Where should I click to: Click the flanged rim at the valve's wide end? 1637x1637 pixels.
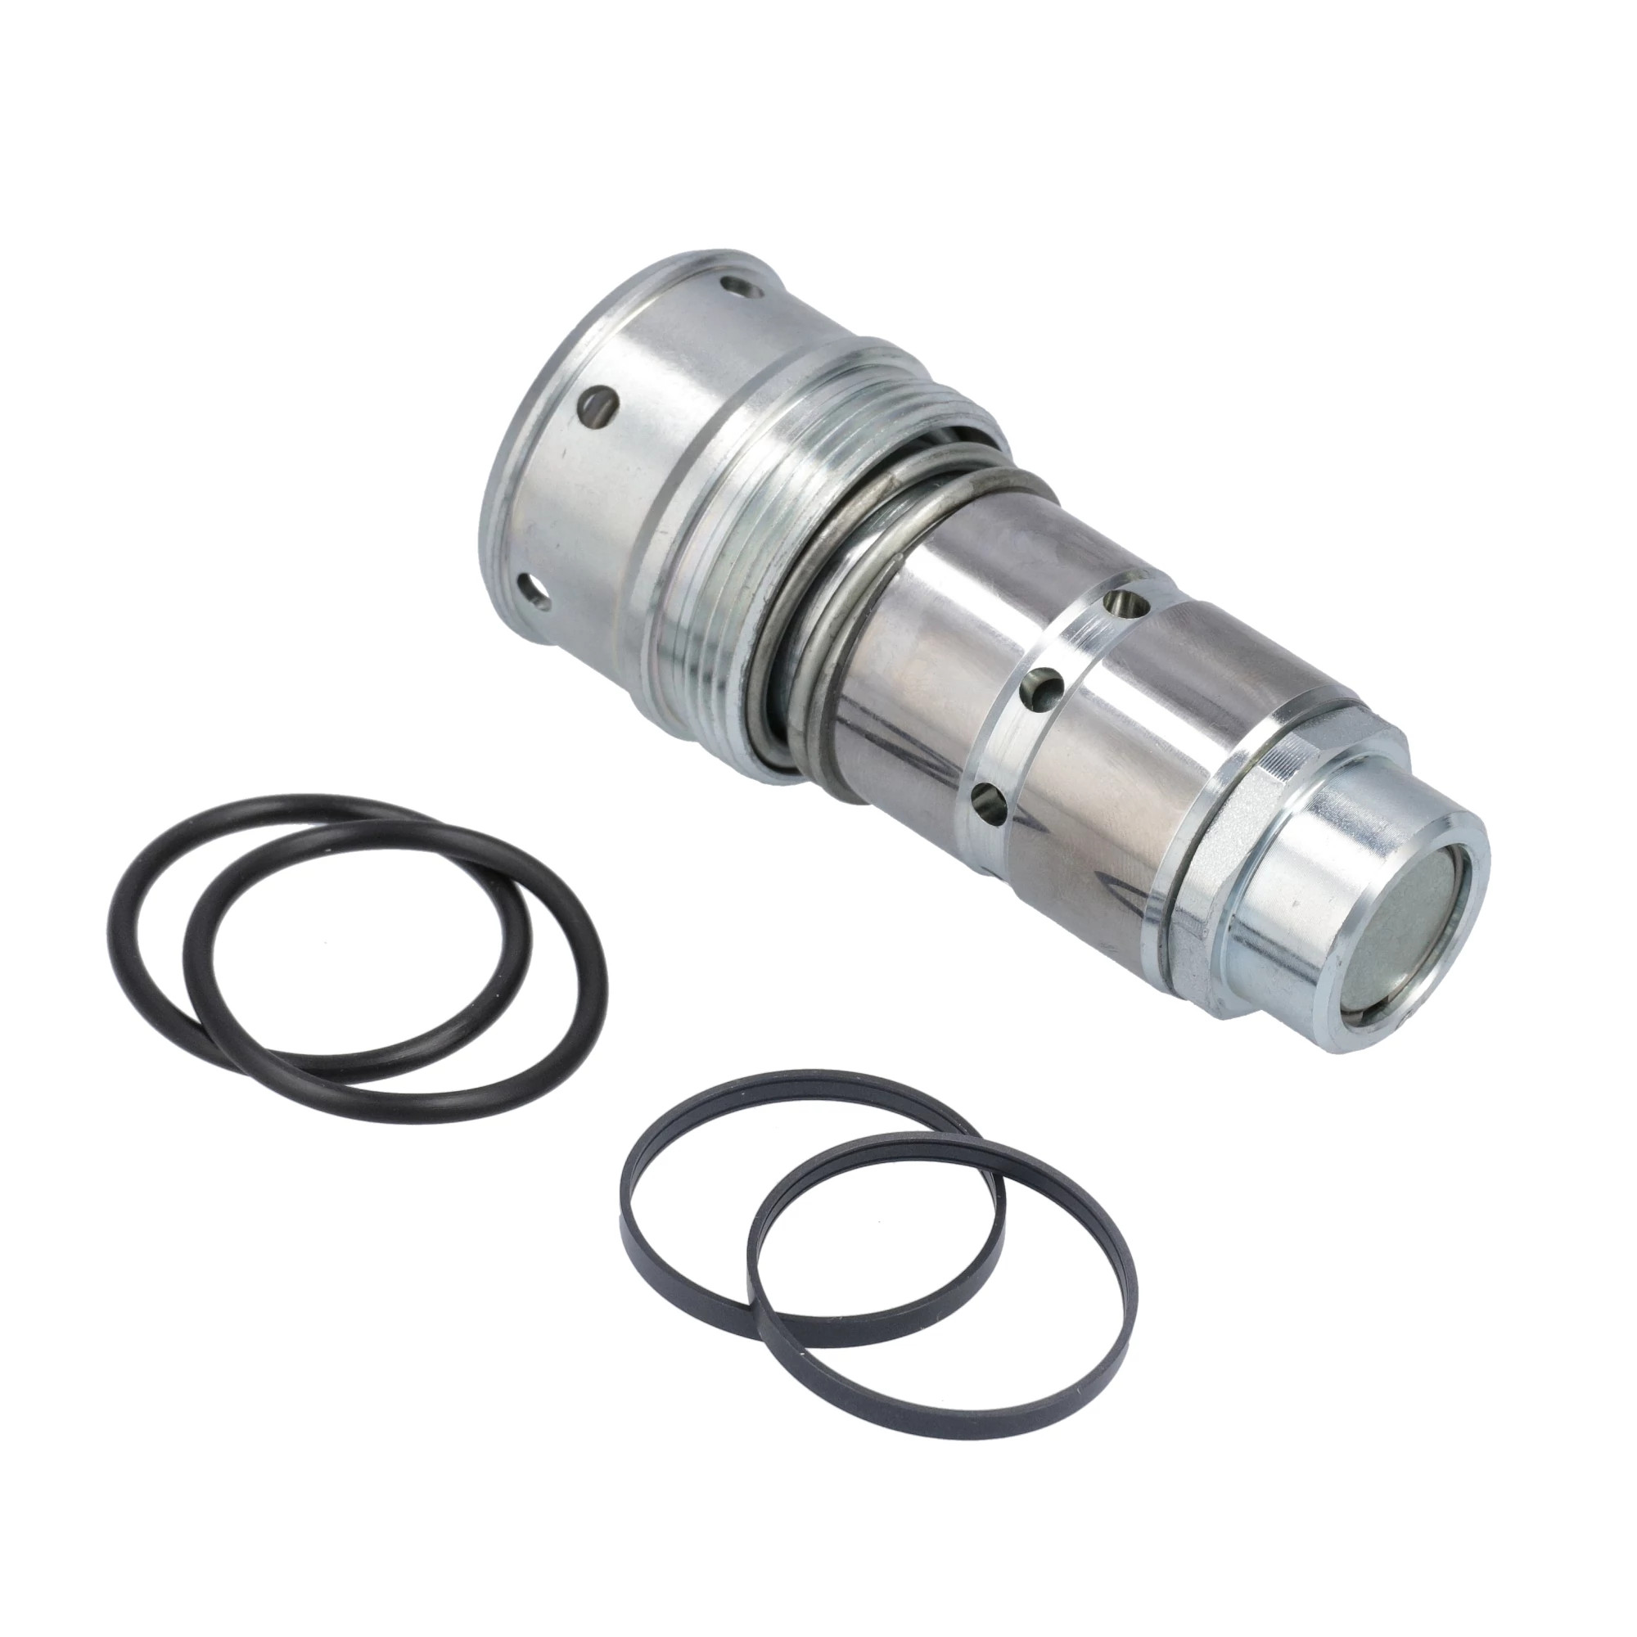coord(508,475)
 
